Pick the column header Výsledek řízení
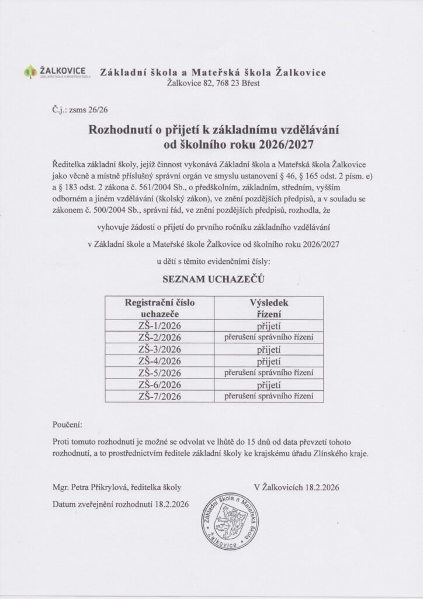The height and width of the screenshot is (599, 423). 269,308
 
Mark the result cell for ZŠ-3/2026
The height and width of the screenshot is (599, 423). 269,349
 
